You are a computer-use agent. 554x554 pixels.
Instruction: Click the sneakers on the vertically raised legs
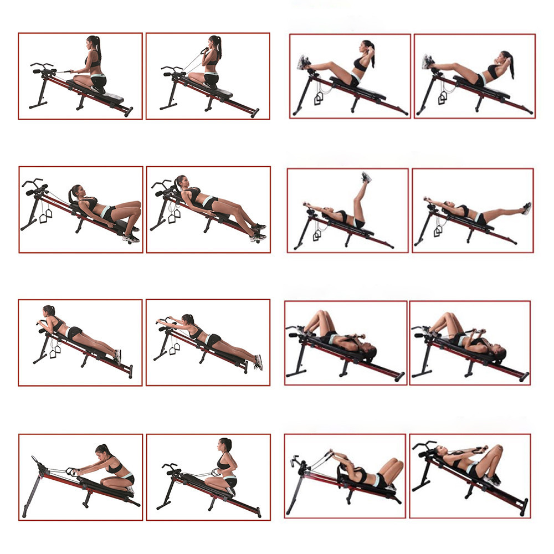coord(366,178)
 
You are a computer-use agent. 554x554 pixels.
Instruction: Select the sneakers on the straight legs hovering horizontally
coord(526,208)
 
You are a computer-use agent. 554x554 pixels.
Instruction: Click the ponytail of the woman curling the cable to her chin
coord(219,47)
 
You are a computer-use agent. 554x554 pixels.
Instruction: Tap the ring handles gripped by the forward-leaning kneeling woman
coord(71,471)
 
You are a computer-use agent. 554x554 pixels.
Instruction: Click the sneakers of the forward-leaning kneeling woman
coord(130,490)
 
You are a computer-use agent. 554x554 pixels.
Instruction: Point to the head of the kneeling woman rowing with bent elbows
coord(225,445)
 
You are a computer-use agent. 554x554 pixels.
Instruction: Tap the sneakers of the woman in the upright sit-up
coord(302,62)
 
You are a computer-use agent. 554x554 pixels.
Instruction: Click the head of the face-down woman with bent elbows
coord(49,311)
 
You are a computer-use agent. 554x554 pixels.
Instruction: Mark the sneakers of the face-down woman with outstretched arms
coord(258,363)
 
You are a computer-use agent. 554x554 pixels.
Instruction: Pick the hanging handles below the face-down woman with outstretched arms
coord(174,348)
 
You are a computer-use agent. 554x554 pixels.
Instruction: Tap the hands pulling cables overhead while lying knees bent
coord(332,453)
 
